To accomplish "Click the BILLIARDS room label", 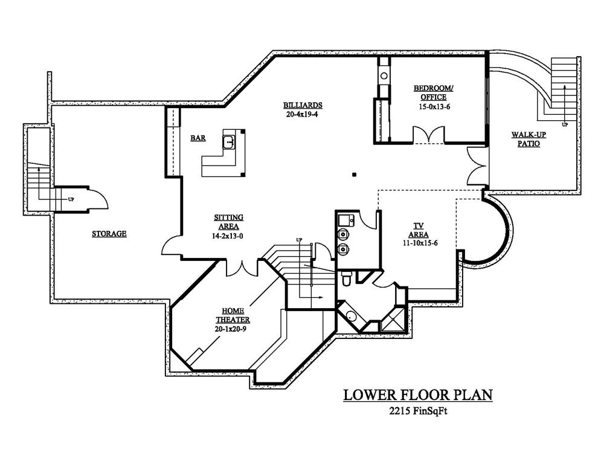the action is click(303, 105).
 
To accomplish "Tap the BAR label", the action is click(198, 138).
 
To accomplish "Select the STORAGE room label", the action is click(109, 233).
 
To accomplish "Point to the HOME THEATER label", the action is click(233, 315).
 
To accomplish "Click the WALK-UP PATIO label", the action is click(528, 139).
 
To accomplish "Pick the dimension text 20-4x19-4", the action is click(302, 114).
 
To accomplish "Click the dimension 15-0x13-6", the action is click(434, 107).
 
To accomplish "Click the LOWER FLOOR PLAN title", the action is click(418, 395).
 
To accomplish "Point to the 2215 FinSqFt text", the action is click(418, 411).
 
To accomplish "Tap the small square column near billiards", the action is click(354, 175).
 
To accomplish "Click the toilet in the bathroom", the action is click(346, 278).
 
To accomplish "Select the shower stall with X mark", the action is click(393, 320).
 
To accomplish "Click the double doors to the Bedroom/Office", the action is click(429, 135).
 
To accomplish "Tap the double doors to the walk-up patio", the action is click(477, 167).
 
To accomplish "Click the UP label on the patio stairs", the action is click(564, 125).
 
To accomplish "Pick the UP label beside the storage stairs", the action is click(71, 199).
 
